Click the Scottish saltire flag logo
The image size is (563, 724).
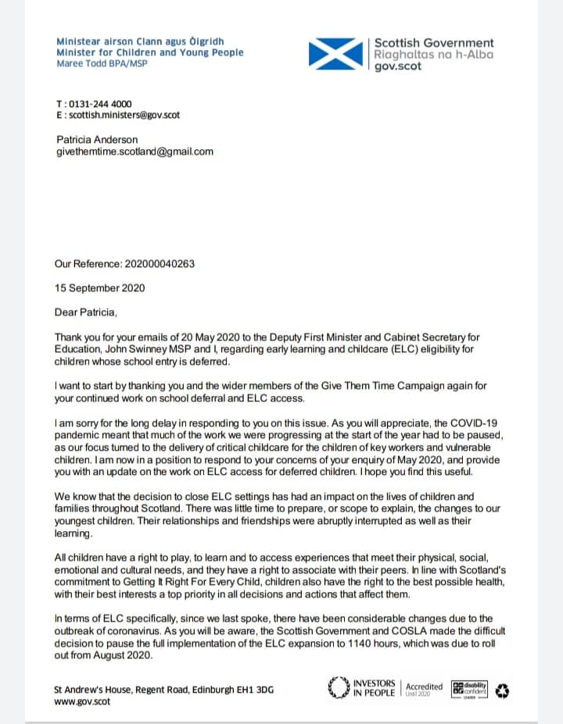(337, 54)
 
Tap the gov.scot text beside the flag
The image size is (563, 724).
(398, 67)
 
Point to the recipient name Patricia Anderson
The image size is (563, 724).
(97, 140)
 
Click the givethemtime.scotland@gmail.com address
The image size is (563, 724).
(134, 152)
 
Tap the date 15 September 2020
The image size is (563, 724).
(99, 288)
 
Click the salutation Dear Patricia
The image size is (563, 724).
(86, 313)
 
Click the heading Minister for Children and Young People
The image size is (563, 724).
(150, 52)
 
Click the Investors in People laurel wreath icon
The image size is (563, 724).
(336, 688)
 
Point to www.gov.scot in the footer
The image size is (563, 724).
(81, 701)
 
